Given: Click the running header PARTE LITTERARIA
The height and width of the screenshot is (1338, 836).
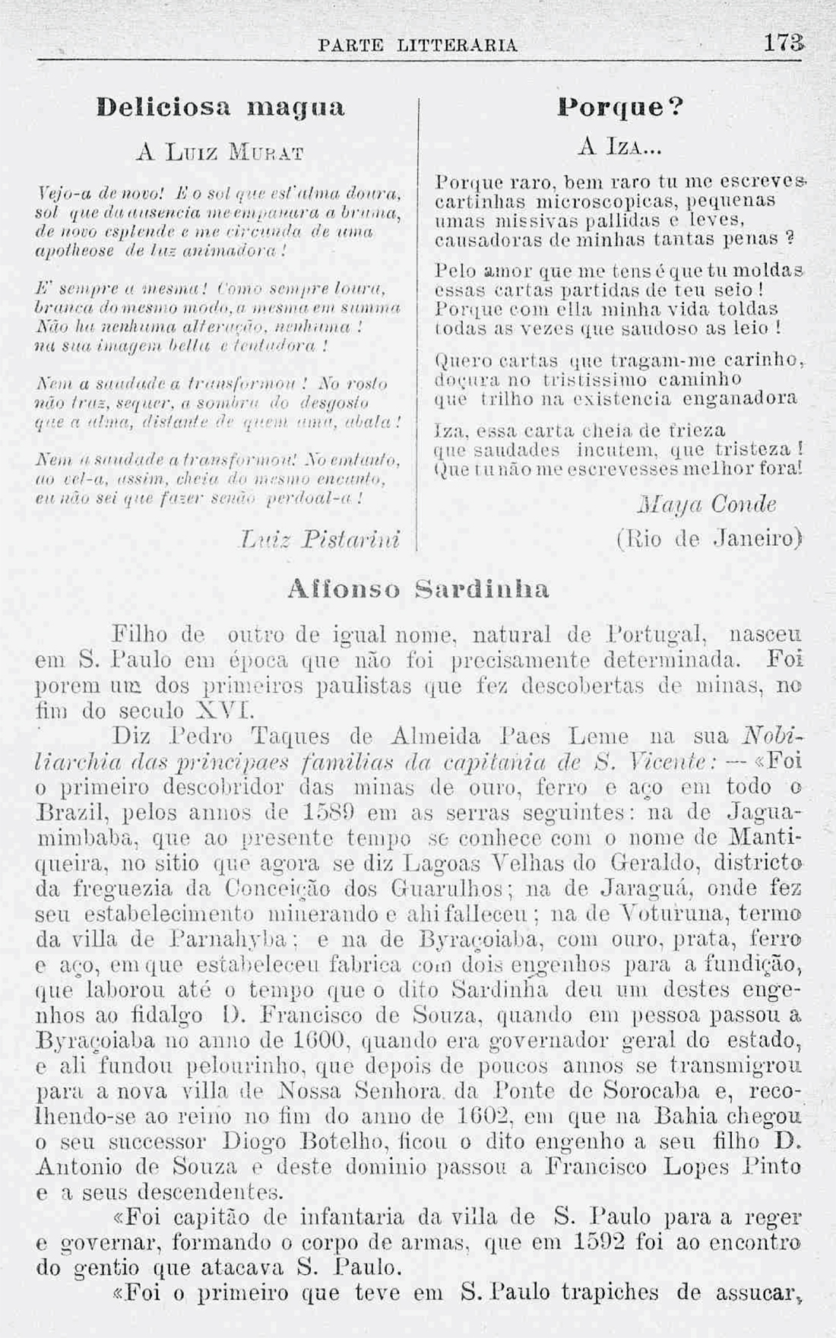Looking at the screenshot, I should pos(418,45).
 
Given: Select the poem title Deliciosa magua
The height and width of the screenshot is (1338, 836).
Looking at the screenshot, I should pos(221,106).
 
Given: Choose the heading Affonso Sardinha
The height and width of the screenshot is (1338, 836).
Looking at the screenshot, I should pos(418,588).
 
